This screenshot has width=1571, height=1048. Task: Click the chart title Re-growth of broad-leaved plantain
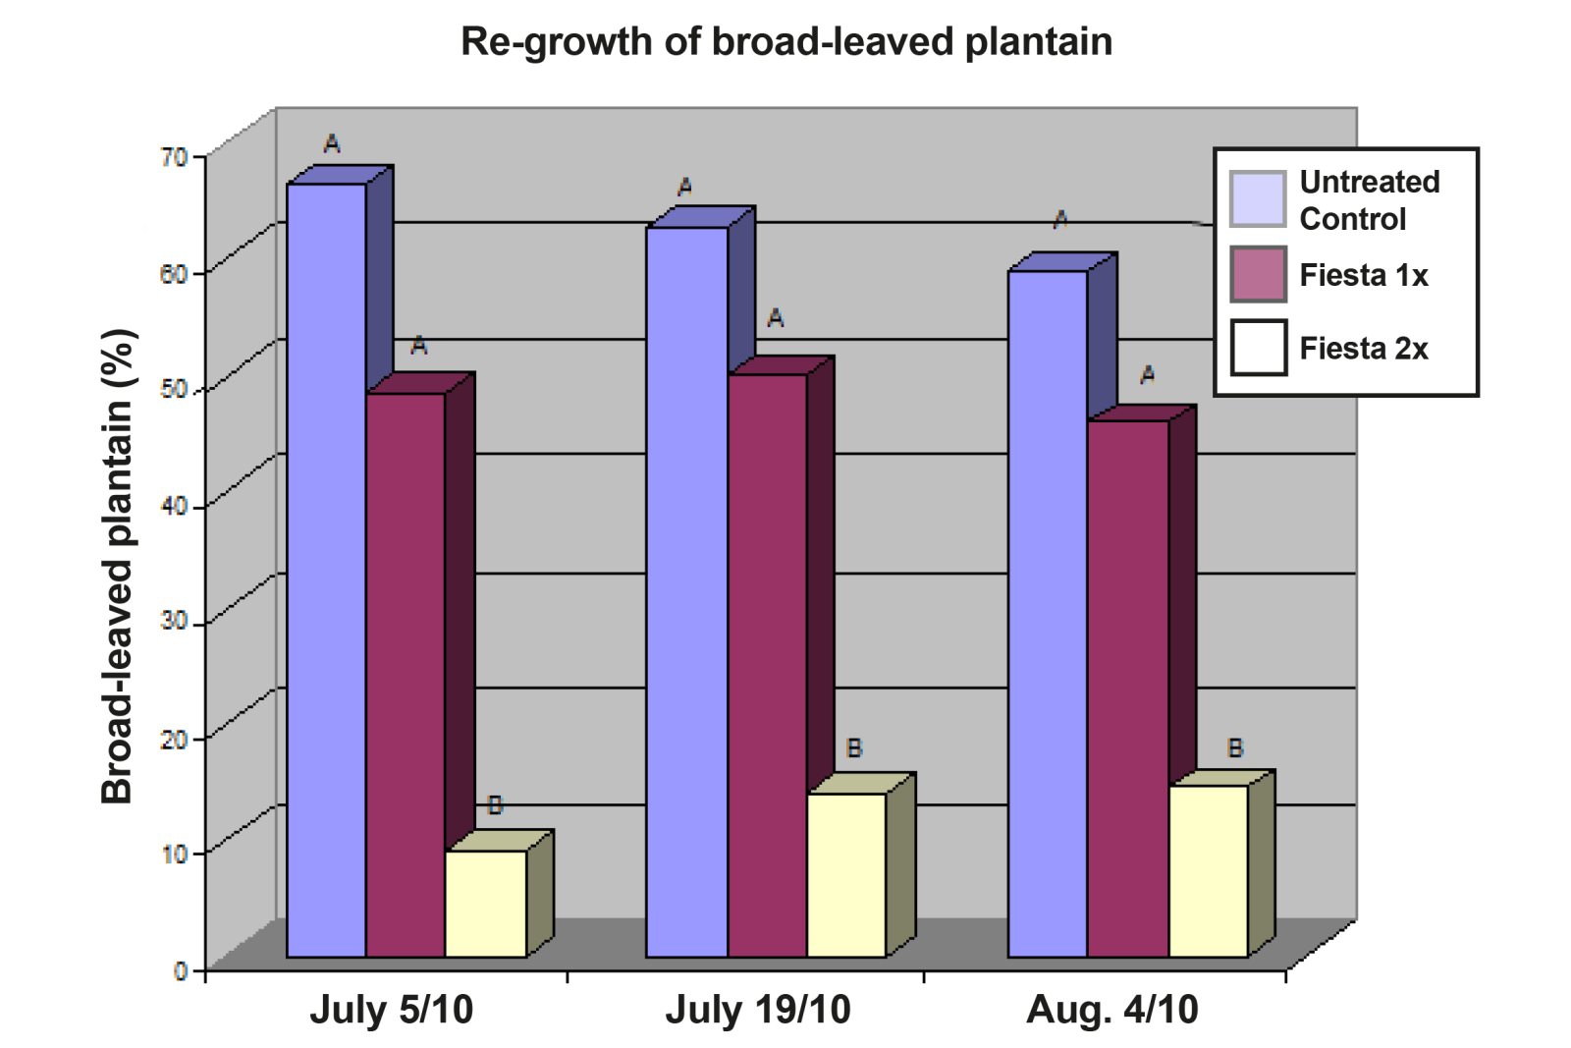786,41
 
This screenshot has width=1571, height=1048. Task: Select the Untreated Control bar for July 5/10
326,570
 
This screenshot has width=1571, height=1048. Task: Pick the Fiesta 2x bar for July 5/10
486,904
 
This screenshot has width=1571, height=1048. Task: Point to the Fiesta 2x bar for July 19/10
846,874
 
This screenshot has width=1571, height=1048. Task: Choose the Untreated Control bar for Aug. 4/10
1048,614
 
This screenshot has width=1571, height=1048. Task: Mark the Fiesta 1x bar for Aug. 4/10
1127,688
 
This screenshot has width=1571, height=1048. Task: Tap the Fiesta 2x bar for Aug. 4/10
1208,870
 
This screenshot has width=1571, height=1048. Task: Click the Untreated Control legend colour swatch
1258,199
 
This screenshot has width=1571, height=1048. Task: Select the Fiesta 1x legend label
1363,275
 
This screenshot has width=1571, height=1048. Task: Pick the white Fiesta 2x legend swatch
1259,348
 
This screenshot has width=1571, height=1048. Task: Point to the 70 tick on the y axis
174,156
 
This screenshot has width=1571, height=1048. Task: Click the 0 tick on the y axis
181,970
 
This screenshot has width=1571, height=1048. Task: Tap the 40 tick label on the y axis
174,506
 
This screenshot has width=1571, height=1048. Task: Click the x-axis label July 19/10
758,1010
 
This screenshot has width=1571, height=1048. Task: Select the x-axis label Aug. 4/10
1111,1010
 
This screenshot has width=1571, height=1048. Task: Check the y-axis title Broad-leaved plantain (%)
117,567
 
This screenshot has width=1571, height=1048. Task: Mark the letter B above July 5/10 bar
495,805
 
